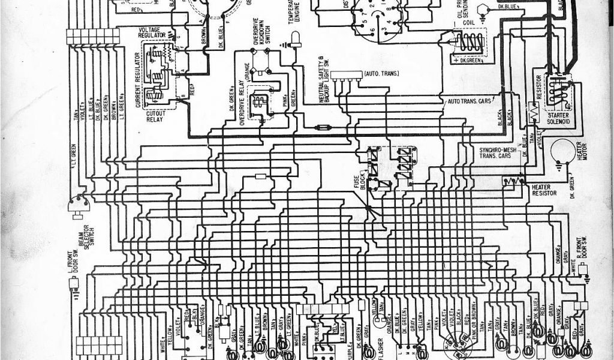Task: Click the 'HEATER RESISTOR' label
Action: pos(544,190)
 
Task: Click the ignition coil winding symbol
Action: pos(471,43)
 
